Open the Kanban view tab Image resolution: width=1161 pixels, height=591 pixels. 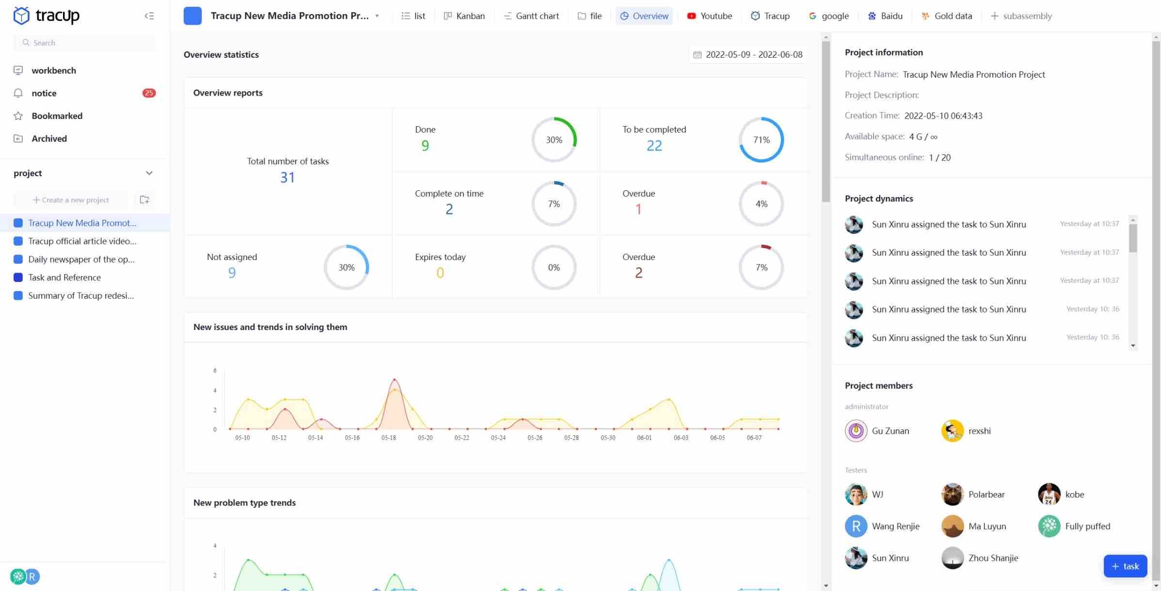464,16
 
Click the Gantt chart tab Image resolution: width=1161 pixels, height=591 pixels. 531,16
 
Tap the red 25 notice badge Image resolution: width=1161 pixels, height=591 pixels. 149,93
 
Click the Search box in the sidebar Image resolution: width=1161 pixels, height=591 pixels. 85,43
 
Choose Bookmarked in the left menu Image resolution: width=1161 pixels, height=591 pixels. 57,116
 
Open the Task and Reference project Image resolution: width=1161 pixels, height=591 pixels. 64,278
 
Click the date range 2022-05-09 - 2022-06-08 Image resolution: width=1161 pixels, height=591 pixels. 748,55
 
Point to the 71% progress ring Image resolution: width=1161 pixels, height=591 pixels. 761,140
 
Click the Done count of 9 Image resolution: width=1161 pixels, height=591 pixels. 425,146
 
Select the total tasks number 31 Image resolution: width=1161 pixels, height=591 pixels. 287,178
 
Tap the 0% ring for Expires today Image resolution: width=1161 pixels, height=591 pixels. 554,267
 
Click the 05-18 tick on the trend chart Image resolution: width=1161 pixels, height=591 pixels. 388,438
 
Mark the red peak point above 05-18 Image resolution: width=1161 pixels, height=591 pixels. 395,379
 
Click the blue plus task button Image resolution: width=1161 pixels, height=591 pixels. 1125,566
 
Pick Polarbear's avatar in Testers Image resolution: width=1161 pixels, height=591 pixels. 952,494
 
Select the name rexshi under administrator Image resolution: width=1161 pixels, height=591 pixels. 979,431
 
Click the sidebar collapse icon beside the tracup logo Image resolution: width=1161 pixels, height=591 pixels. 149,16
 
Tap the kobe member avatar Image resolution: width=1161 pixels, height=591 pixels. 1049,494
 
